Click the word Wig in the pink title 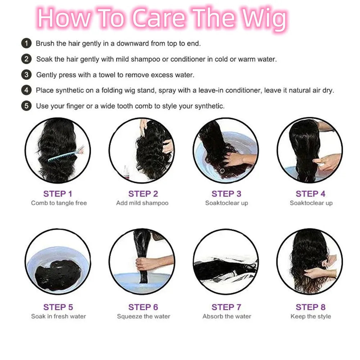pyautogui.click(x=264, y=19)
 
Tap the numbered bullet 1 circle pyautogui.click(x=26, y=44)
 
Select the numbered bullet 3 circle pyautogui.click(x=26, y=75)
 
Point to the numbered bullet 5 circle pyautogui.click(x=26, y=106)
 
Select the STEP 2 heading pyautogui.click(x=143, y=194)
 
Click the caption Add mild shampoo pyautogui.click(x=142, y=203)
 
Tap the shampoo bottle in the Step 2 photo pyautogui.click(x=126, y=172)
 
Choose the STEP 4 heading pyautogui.click(x=310, y=194)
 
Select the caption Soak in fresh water pyautogui.click(x=58, y=316)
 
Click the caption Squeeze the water pyautogui.click(x=144, y=316)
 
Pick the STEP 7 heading pyautogui.click(x=226, y=307)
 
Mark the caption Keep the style pyautogui.click(x=311, y=316)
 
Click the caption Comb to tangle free pyautogui.click(x=59, y=203)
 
